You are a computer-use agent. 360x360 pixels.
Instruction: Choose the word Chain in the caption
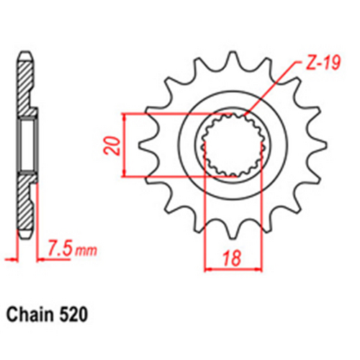point(30,315)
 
